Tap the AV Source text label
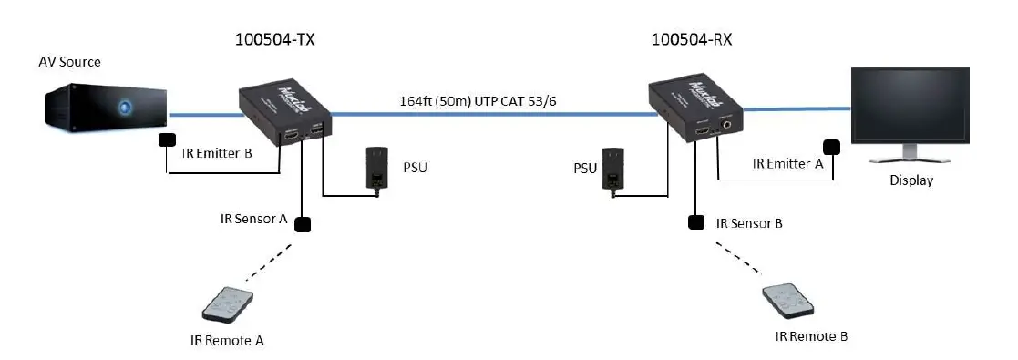tap(69, 62)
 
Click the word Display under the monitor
tap(911, 180)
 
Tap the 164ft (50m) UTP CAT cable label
tap(478, 100)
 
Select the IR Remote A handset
tap(224, 302)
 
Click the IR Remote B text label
tap(811, 336)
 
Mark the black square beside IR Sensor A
tap(302, 223)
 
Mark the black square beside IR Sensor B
tap(696, 221)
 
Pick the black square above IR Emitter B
tap(168, 139)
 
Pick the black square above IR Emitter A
tap(831, 147)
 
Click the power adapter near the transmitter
tap(375, 168)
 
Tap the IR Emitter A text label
tap(787, 164)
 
